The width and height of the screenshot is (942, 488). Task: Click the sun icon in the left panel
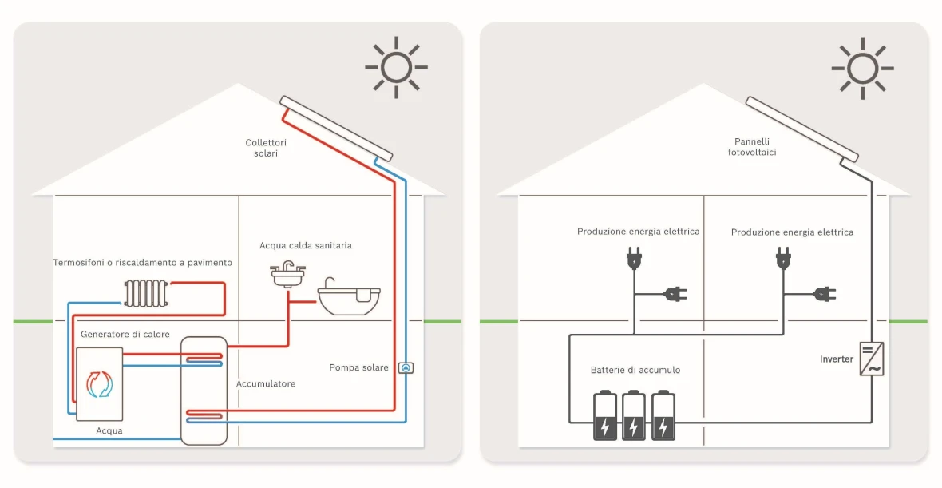point(397,67)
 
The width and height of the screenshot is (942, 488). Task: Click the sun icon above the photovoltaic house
point(863,67)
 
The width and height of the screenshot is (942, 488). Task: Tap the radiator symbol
point(146,292)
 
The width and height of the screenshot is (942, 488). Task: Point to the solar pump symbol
point(406,368)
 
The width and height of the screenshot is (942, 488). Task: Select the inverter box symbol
point(871,359)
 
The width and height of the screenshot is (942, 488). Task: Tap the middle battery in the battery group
point(634,415)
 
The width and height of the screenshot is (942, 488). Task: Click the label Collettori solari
point(265,148)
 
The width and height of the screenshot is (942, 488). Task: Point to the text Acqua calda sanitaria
point(306,245)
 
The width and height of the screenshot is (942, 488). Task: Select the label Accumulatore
point(266,384)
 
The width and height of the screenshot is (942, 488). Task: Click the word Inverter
point(837,359)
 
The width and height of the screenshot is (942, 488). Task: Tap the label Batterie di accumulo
point(635,370)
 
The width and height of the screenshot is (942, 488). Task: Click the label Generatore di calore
point(125,334)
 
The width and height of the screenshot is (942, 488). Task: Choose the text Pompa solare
point(358,367)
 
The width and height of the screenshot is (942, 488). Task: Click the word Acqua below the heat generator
point(109,430)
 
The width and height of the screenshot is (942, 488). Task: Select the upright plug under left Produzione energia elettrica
point(635,258)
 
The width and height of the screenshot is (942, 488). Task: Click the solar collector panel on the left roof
point(336,128)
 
